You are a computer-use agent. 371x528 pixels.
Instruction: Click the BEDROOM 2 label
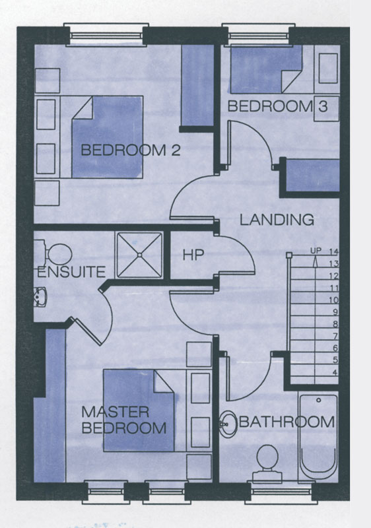(131, 150)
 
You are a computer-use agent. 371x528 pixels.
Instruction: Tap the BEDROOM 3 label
(277, 106)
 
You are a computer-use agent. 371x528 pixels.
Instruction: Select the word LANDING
(277, 220)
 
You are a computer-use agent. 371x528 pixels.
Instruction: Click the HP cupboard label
(193, 255)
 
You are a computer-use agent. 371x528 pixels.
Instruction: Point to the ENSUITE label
(71, 272)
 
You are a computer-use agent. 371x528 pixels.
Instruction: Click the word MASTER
(115, 412)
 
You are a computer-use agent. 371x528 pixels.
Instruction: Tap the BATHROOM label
(287, 422)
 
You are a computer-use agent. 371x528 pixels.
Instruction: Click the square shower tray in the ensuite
(139, 255)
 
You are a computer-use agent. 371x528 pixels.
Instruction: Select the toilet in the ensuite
(53, 254)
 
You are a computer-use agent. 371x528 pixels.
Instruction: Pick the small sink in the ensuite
(40, 297)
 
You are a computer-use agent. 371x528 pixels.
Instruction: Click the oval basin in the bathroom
(228, 424)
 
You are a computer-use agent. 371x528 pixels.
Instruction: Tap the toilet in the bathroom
(267, 462)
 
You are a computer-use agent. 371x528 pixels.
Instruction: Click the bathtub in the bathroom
(318, 436)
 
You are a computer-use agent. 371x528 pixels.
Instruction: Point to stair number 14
(333, 251)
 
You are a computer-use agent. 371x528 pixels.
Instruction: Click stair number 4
(335, 372)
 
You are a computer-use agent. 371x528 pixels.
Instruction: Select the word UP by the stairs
(316, 251)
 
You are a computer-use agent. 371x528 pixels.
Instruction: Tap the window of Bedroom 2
(106, 35)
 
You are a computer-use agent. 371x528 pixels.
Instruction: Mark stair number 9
(335, 312)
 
